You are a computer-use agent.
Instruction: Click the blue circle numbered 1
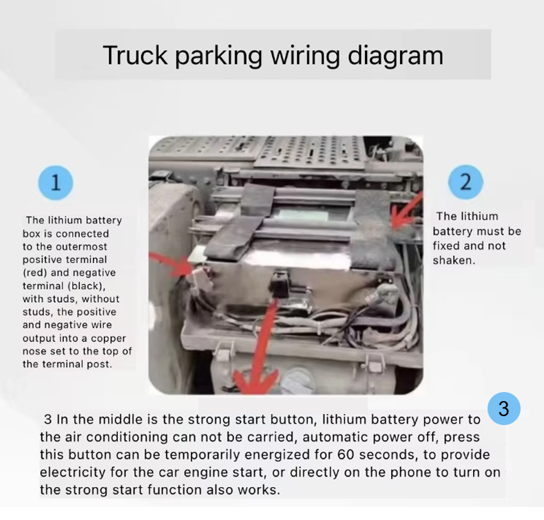pos(56,182)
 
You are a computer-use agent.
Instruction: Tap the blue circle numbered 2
pos(465,182)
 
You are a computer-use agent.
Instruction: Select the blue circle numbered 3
pos(504,409)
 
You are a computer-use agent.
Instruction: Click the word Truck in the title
pos(135,55)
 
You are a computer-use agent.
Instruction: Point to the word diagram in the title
pos(395,56)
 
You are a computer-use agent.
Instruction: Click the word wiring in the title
pos(305,56)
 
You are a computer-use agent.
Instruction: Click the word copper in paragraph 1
pos(108,338)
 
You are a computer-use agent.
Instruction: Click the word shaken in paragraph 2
pos(454,260)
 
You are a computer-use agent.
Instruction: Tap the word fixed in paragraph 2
pos(446,246)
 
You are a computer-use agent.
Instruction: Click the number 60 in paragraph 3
pos(345,455)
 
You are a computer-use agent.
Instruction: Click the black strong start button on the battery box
pos(280,285)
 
